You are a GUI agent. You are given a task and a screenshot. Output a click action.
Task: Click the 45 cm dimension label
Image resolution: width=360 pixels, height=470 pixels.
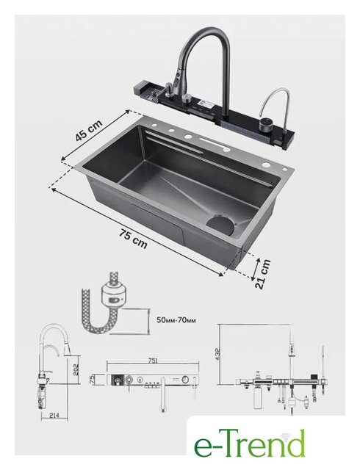pyautogui.click(x=89, y=130)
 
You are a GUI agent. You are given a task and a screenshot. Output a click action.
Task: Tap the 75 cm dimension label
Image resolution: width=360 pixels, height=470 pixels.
pyautogui.click(x=133, y=239)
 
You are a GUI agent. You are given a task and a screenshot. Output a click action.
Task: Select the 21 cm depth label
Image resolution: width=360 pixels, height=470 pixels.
pyautogui.click(x=263, y=274)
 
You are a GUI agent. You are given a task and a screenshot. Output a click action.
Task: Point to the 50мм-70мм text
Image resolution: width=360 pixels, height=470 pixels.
pyautogui.click(x=176, y=320)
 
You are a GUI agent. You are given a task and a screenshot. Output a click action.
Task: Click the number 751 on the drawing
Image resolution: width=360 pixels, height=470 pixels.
pyautogui.click(x=153, y=361)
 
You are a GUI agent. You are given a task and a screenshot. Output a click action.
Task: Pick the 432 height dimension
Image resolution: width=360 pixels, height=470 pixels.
pyautogui.click(x=217, y=354)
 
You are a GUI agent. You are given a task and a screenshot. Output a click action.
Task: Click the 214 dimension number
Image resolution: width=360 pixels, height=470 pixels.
pyautogui.click(x=54, y=415)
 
